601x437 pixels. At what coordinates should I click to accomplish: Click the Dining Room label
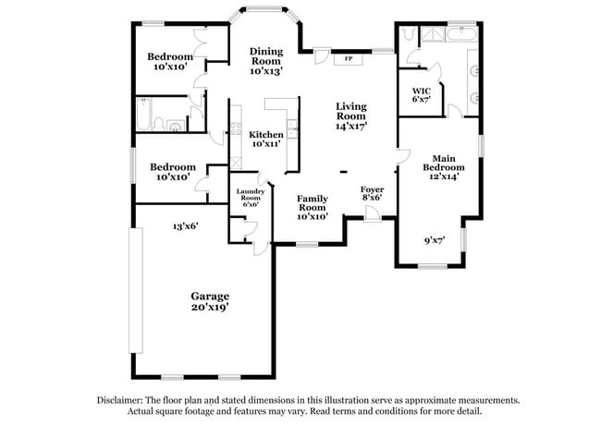[265, 55]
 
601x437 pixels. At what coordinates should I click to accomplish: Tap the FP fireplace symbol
[348, 59]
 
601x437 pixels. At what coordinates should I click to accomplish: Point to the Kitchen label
[266, 134]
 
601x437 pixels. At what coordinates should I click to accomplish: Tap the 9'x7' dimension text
[435, 240]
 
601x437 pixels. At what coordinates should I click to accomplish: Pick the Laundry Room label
[251, 195]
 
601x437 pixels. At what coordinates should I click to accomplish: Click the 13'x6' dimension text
[185, 225]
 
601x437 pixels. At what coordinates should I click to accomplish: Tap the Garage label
[211, 297]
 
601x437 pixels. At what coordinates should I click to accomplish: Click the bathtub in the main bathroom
[460, 35]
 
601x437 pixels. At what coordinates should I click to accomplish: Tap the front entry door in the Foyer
[372, 213]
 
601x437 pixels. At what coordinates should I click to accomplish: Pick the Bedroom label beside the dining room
[170, 56]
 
